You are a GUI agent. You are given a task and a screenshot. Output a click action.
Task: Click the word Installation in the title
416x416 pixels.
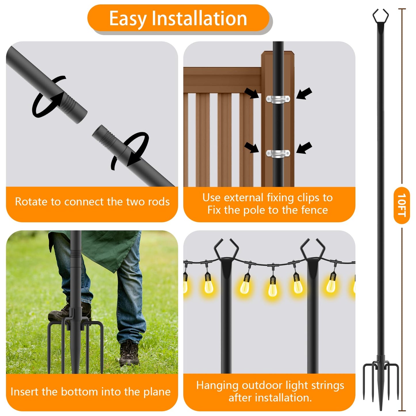[x=199, y=18]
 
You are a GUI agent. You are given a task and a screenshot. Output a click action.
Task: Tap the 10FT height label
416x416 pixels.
[x=402, y=205]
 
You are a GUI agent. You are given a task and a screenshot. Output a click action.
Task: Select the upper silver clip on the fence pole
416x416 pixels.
[x=278, y=99]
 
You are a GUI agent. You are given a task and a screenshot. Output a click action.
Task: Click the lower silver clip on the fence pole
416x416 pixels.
[x=278, y=153]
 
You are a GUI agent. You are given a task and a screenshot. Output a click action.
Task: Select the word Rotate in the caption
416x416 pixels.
[x=31, y=202]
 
